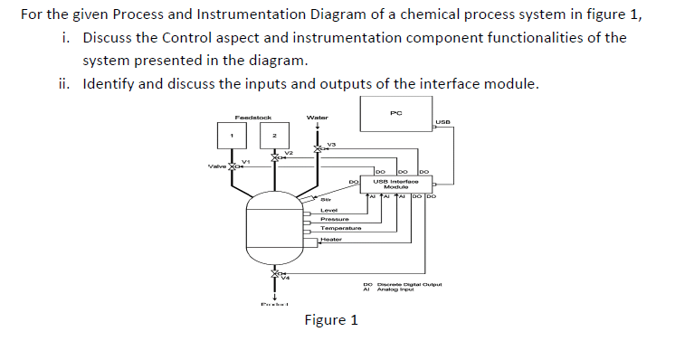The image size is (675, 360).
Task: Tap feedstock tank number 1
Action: [x=231, y=137]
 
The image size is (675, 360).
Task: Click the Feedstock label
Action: [x=252, y=117]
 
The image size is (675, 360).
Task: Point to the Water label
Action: [x=318, y=117]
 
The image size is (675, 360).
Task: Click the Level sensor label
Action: [x=329, y=210]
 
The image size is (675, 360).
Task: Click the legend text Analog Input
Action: [x=395, y=289]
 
